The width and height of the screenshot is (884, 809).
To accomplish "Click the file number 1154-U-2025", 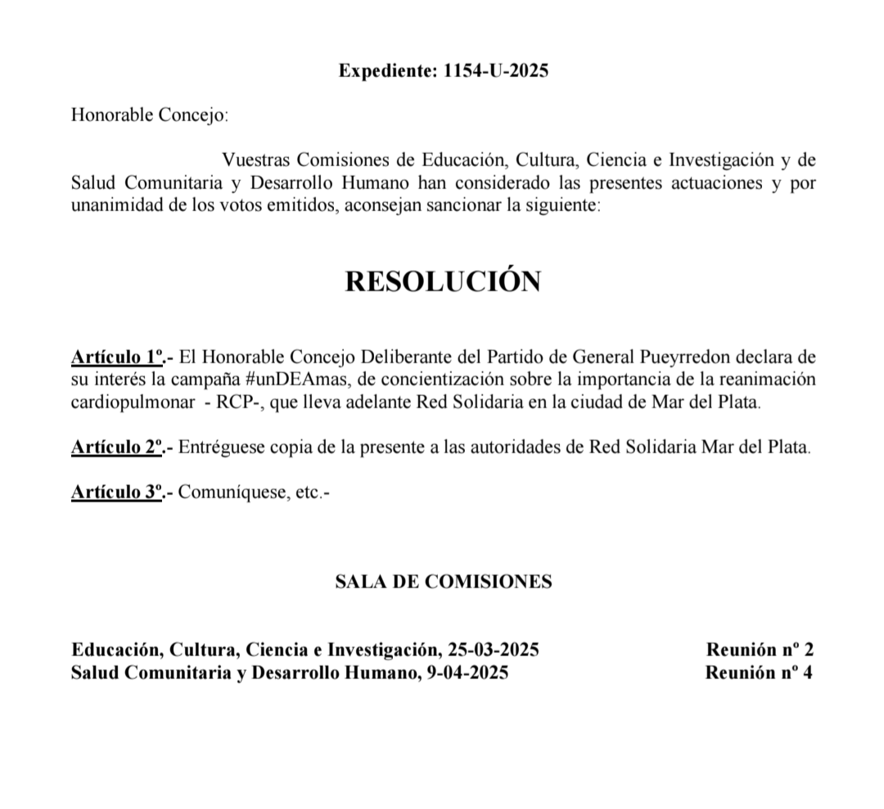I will pos(495,70).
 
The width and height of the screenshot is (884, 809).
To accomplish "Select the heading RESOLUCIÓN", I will pos(442,281).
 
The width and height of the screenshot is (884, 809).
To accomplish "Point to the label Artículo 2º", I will pos(119,447).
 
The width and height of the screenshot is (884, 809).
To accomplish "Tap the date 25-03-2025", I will pos(494,650).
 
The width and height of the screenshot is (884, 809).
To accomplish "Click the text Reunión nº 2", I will pos(759,650).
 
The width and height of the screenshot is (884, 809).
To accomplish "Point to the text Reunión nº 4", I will pos(759,673).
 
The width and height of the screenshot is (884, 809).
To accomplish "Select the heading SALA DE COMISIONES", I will pos(443,582).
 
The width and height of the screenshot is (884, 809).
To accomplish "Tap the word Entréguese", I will pos(217,447).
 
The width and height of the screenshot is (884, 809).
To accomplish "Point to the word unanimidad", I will pos(115,205).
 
